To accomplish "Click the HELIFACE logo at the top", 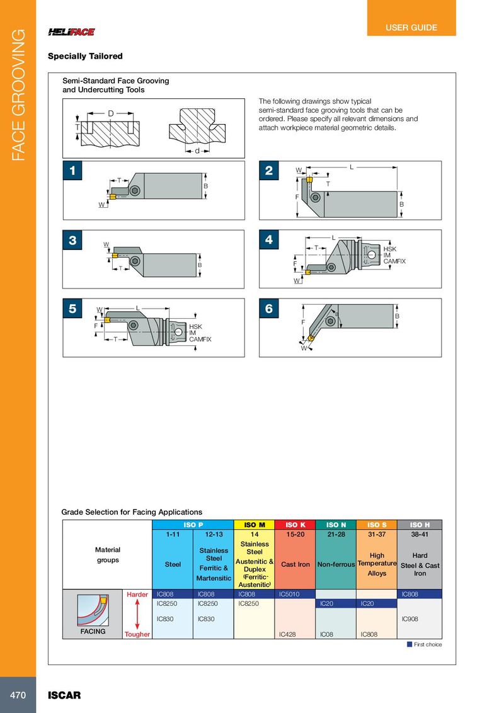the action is coord(71,32).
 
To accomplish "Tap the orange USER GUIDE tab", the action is coord(411,18).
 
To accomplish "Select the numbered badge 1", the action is coord(72,171).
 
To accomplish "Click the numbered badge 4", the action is coord(269,239).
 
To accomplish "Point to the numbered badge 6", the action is coord(269,309).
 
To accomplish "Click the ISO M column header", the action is coord(255,525).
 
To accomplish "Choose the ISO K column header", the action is coord(295,525).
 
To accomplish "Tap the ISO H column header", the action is coord(420,525).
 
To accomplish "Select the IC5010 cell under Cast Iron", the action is coord(289,594).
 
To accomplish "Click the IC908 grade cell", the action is coord(410,619).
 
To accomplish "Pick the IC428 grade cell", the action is coord(287,634).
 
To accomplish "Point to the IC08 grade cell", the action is coord(326,634).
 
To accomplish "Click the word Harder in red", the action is coord(137,595).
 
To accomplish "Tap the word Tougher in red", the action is coord(137,634).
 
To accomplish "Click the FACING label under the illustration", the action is coord(93,631).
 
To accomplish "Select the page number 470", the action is coord(18,695).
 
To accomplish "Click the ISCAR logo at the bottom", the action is coord(64,695).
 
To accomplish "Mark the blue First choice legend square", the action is coord(409,644).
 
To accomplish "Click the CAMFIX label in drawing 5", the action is coord(200,339).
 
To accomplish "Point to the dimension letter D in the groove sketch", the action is coord(110,113).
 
